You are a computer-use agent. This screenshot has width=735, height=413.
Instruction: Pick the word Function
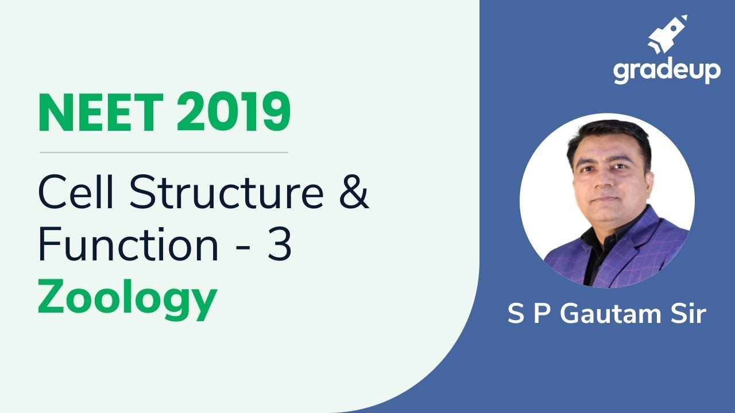(129, 244)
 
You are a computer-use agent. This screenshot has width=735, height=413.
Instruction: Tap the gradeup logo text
(666, 71)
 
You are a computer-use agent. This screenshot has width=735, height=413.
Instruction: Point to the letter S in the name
(516, 314)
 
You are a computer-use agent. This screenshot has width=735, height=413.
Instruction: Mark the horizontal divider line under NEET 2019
(164, 153)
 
